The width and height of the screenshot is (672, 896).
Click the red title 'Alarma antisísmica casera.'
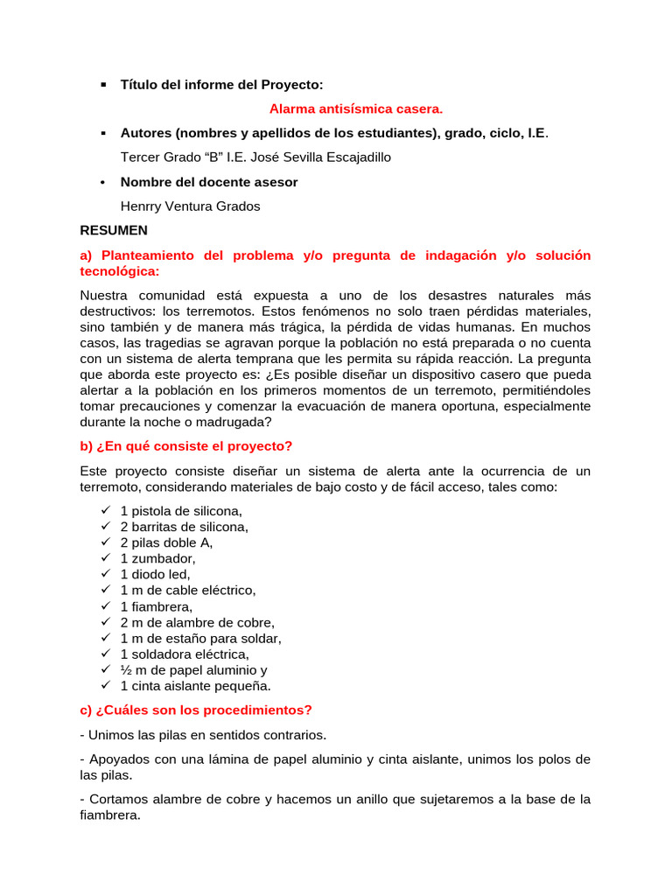pos(356,109)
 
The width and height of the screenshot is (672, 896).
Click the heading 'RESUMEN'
pos(114,231)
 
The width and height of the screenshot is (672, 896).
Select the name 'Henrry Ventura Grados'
pos(190,206)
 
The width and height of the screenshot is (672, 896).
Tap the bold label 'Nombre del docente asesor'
pos(209,182)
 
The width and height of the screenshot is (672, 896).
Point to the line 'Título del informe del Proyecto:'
pos(221,85)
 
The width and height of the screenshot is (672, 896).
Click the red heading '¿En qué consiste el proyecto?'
pos(185,446)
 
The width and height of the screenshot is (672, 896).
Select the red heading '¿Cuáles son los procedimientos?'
pos(195,710)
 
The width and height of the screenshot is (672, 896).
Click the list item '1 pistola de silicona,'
pos(181,511)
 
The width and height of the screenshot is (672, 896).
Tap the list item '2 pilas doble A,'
pos(166,542)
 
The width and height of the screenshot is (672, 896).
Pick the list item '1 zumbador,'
pos(157,558)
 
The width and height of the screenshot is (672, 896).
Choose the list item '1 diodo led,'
pos(155,574)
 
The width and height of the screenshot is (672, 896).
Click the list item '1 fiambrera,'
pos(156,606)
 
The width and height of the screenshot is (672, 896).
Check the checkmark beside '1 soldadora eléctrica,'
pos(104,654)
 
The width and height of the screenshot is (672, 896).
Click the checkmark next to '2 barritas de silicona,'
pos(104,527)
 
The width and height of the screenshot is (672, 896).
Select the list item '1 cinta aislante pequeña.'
pos(195,686)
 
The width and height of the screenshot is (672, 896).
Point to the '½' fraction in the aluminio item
pos(125,669)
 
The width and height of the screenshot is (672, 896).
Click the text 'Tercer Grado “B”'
pos(172,157)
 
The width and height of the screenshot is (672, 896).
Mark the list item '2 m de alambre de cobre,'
pos(197,622)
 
